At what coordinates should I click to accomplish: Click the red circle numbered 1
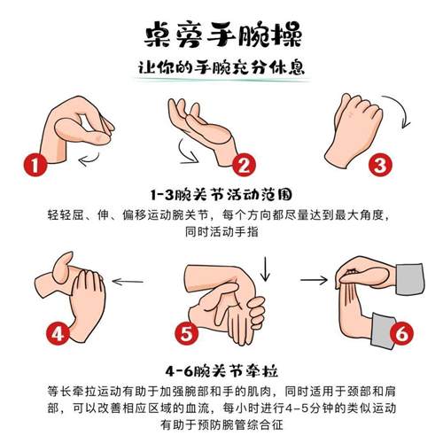point(35,165)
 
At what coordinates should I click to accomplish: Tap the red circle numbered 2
point(244,165)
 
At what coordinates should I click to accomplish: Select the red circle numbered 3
point(380,165)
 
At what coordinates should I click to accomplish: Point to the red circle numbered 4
point(58,333)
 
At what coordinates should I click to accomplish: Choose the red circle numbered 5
point(186,333)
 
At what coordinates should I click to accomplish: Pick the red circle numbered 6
point(401,333)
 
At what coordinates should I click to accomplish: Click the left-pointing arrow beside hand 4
point(128,282)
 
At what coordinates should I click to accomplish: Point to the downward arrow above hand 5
point(265,269)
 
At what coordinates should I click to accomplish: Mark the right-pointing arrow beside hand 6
point(314,280)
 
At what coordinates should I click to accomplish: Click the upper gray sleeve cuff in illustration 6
point(410,279)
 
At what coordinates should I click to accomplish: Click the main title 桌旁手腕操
point(223,35)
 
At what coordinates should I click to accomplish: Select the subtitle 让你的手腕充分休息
point(221,67)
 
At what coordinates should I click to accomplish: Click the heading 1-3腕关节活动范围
point(221,195)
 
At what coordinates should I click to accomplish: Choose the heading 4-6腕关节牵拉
point(221,371)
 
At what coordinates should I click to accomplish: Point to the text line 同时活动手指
point(221,231)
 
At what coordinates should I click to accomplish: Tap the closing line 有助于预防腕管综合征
point(221,424)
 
